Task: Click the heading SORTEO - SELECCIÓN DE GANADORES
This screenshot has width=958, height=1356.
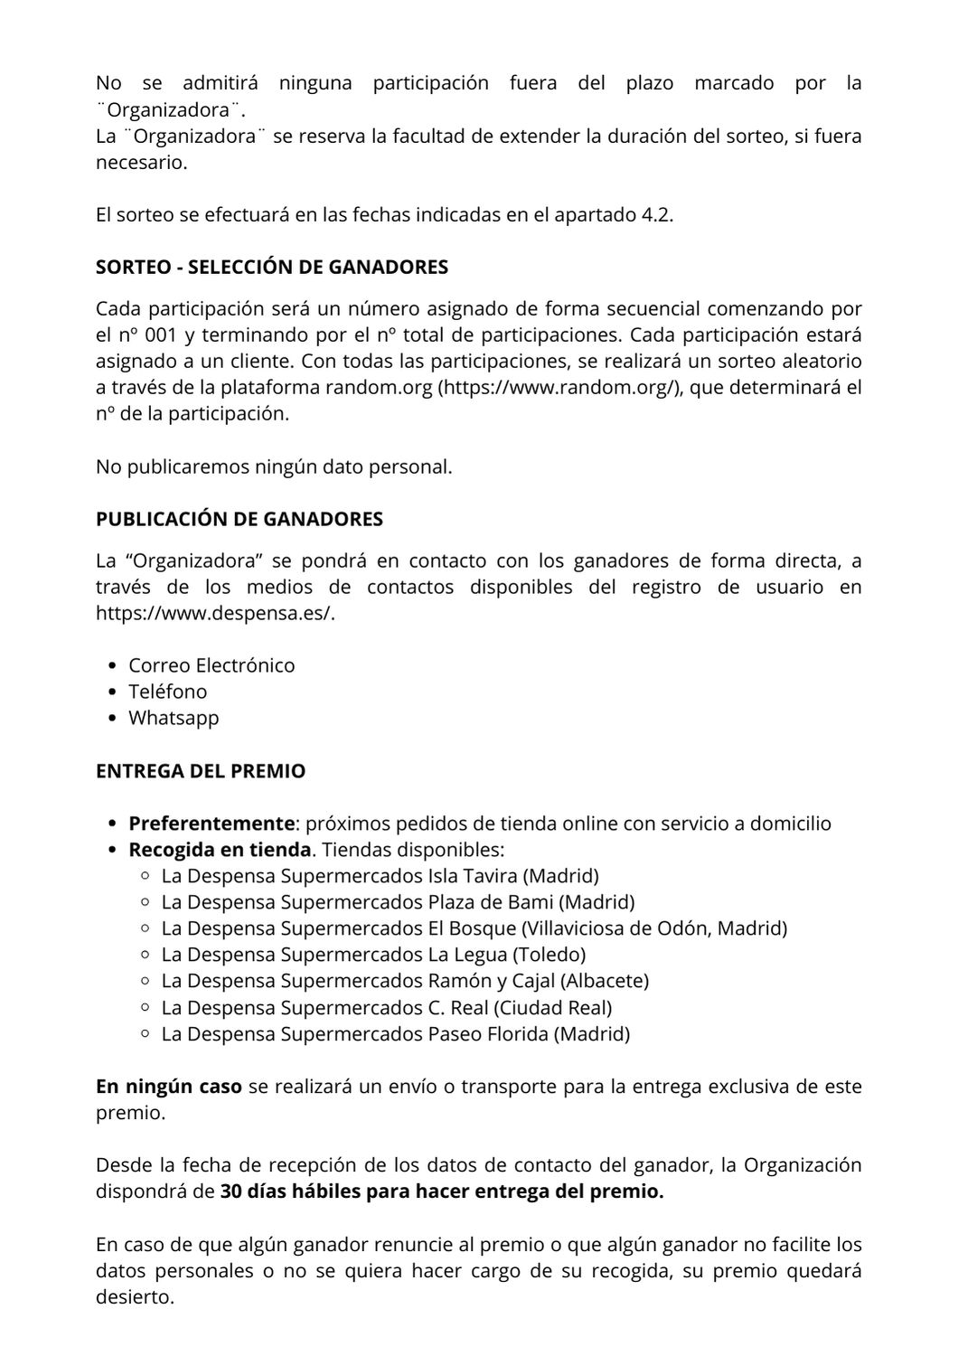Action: (272, 268)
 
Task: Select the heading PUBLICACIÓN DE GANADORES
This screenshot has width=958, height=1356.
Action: (239, 520)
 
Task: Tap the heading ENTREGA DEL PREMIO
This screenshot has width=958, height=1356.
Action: (201, 772)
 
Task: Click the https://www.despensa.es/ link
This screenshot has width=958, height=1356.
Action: (221, 613)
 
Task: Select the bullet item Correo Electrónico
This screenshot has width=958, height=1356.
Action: (211, 665)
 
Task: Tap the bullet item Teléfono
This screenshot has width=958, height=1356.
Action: (167, 692)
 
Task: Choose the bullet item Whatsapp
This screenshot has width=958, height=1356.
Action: (174, 718)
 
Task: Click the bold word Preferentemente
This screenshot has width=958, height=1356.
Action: (211, 824)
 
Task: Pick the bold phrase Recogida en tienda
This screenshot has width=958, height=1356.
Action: (220, 850)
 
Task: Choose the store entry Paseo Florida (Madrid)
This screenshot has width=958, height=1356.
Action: (529, 1033)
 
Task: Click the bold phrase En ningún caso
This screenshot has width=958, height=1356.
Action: (169, 1087)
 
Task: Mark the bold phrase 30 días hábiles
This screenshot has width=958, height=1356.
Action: (290, 1192)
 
